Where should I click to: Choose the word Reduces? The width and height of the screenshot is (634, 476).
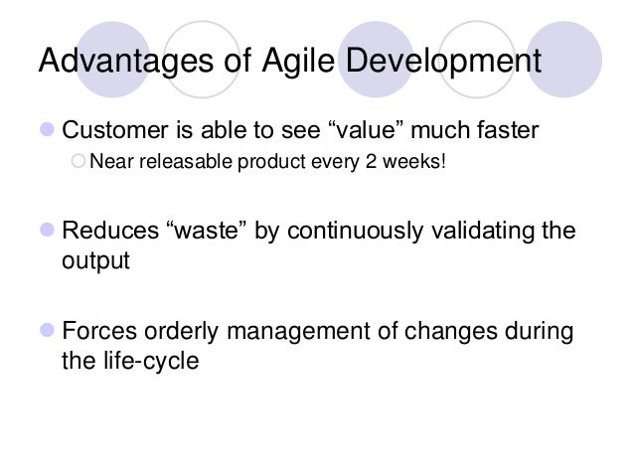(106, 233)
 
